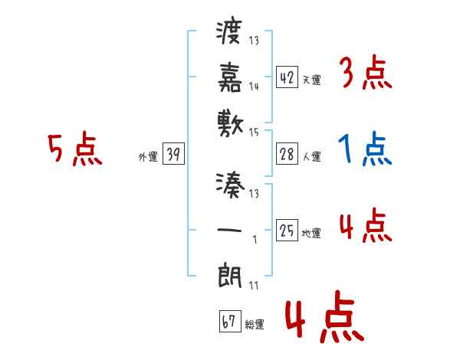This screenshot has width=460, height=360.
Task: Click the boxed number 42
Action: coord(287,78)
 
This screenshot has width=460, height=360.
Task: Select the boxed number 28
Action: coord(287,155)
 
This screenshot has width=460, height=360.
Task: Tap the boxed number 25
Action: coord(287,231)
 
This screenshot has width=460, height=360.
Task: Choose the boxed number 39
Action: coord(172,155)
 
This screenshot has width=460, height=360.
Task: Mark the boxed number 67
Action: coord(228,322)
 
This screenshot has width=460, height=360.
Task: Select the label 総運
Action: coord(255,324)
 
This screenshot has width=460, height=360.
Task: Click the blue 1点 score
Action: coord(365,150)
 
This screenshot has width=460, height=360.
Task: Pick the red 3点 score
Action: coord(365,74)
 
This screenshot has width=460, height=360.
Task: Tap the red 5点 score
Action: coord(74,150)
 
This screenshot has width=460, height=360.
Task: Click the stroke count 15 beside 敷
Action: coord(254,133)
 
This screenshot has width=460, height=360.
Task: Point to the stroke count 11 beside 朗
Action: coord(254,286)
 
